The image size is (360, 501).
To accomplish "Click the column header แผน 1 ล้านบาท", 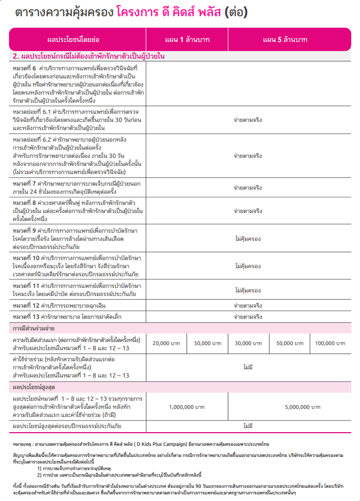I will [x=187, y=39].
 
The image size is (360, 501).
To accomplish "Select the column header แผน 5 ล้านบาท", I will [x=289, y=39].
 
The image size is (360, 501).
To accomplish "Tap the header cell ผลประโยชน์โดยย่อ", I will [x=77, y=39].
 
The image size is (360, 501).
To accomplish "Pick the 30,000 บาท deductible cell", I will [x=248, y=343].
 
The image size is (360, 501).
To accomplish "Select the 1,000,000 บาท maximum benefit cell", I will [x=187, y=406].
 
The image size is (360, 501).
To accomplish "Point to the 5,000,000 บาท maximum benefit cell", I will [x=289, y=406].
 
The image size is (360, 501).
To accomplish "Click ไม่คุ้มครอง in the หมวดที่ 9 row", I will [x=248, y=237].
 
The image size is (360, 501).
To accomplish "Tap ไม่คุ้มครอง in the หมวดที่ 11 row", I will [x=248, y=290].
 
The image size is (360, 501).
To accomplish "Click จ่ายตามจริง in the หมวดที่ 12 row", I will [x=248, y=306].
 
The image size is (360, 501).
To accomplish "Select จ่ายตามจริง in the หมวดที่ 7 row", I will [x=248, y=187].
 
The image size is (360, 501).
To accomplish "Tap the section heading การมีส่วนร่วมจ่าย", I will [x=34, y=328].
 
